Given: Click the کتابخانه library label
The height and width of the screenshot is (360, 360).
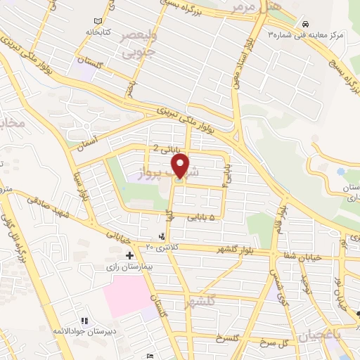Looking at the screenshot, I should (98, 32).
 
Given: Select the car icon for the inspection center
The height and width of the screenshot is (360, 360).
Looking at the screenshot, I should (302, 24).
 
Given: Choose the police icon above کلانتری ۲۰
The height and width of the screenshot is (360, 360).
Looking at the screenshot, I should (164, 236).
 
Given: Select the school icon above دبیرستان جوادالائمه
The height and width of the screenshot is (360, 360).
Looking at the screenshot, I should (83, 321).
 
